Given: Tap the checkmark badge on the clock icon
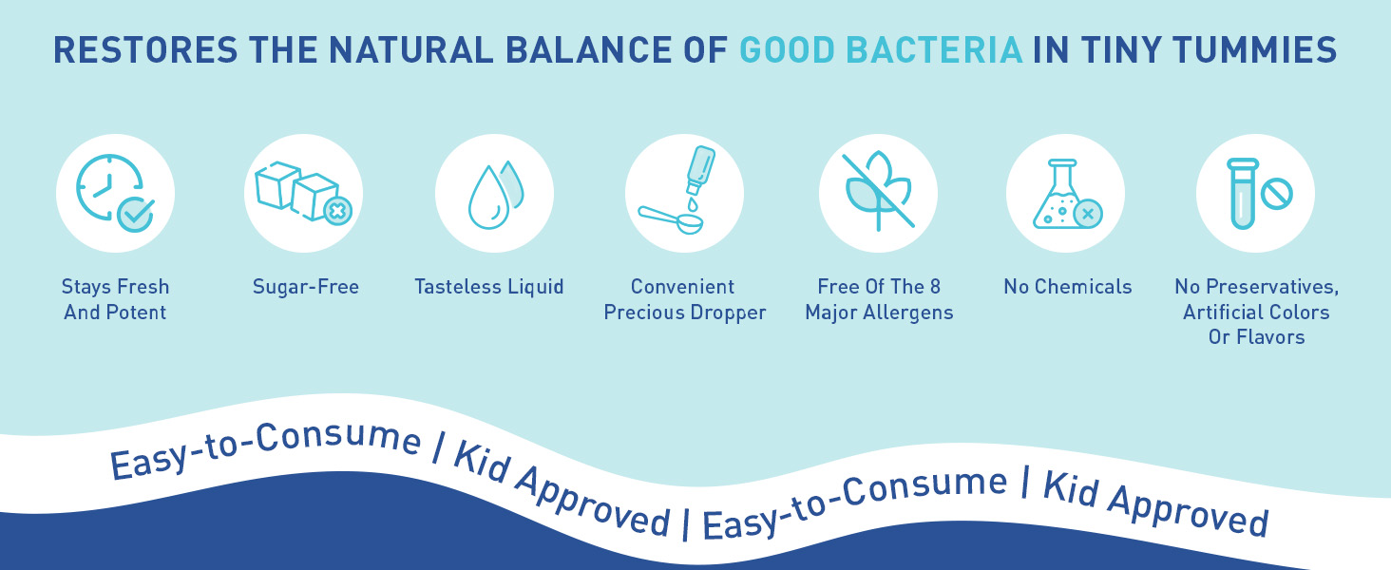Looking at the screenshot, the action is click(x=136, y=215).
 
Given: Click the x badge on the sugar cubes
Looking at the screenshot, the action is click(x=338, y=211).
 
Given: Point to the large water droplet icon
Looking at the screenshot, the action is click(x=488, y=198).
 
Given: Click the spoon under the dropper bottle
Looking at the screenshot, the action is click(x=671, y=219).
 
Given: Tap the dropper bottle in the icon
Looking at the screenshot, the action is click(x=701, y=169).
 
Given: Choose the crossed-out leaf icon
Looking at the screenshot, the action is click(x=878, y=191).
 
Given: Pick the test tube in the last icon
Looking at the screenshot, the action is click(x=1243, y=194).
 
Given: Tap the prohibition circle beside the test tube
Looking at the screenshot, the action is click(x=1277, y=194).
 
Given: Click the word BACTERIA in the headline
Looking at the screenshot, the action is click(x=934, y=50).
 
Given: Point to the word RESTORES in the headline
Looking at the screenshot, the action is click(x=145, y=50).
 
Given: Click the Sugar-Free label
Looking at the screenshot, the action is click(x=306, y=287).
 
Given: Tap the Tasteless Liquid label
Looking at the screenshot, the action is click(x=489, y=287).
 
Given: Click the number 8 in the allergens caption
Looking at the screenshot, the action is click(x=935, y=287).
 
